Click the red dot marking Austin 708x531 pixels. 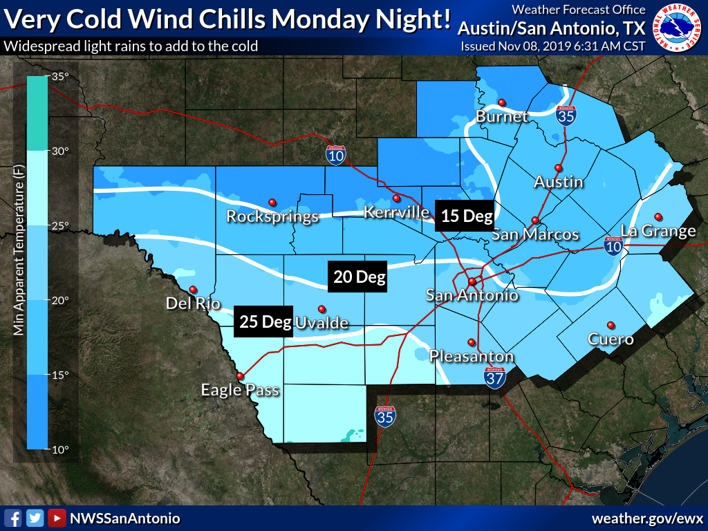tap(558, 168)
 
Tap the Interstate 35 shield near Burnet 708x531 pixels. tap(566, 115)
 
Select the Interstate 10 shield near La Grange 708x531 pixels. tap(612, 245)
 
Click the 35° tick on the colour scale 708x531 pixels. tap(60, 77)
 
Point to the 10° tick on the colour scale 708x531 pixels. tap(60, 449)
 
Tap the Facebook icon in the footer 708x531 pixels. tap(12, 518)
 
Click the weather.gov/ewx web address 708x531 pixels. tap(646, 518)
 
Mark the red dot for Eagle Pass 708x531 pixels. tap(240, 375)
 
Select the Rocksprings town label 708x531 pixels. tap(272, 216)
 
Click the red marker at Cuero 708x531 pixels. tap(611, 325)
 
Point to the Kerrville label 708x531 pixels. tap(397, 212)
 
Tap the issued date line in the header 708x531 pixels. tap(552, 46)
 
